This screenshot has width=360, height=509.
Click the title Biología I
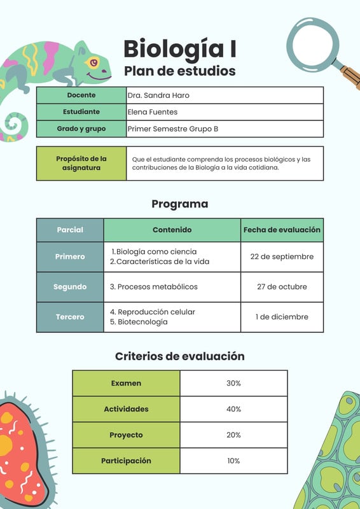[x=179, y=48]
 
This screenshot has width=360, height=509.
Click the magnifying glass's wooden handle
[x=349, y=77]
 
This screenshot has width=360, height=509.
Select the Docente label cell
[x=81, y=95]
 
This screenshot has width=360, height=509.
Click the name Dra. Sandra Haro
[x=158, y=95]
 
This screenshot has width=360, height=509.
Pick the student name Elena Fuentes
[x=153, y=112]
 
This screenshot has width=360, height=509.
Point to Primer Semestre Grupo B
[x=173, y=129]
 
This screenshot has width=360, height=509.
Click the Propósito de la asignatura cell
[x=81, y=164]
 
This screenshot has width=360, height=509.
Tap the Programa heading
[x=179, y=204]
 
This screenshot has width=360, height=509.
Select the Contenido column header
[x=172, y=230]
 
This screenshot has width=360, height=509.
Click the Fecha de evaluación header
[x=282, y=230]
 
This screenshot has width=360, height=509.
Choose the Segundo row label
[x=70, y=287]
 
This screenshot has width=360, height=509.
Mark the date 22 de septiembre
[x=282, y=256]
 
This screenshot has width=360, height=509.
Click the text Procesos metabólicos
[x=157, y=287]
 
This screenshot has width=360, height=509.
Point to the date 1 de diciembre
[x=282, y=317]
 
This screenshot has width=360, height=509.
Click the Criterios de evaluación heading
[x=179, y=356]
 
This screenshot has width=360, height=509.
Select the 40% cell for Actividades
[x=233, y=409]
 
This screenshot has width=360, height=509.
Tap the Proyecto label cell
[x=126, y=435]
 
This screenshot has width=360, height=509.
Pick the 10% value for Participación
[x=233, y=461]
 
